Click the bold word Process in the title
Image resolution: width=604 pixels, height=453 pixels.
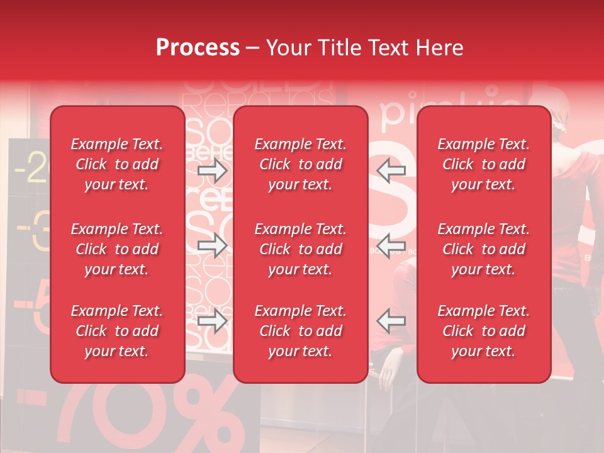point(198,48)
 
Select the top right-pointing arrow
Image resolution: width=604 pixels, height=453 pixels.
point(212,171)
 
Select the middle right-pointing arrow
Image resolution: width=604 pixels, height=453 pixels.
point(212,246)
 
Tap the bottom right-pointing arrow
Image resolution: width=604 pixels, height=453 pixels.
point(212,322)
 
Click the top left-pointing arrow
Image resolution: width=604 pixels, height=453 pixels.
point(391,170)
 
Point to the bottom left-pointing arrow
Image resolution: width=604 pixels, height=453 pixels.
point(391,320)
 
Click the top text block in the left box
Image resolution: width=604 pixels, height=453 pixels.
point(117,164)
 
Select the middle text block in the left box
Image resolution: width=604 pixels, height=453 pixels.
point(117,249)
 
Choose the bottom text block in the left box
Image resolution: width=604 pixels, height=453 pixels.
point(117,331)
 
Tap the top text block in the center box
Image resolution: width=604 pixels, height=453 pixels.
point(300,164)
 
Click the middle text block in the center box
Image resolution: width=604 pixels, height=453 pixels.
point(300,249)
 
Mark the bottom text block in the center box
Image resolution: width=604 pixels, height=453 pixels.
point(300,331)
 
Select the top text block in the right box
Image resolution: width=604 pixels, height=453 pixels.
point(483,164)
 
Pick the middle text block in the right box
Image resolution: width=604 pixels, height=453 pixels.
point(483,249)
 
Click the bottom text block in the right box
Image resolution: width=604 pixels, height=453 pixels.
point(483,331)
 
